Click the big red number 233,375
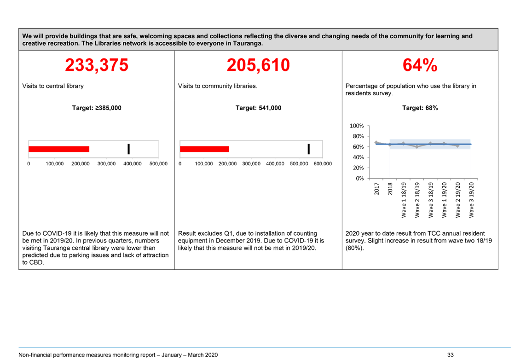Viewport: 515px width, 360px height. (97, 65)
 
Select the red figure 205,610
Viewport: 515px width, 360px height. (258, 65)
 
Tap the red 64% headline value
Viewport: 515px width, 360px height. (420, 65)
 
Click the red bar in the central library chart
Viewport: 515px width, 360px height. (59, 149)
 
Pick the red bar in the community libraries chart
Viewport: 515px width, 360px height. (204, 149)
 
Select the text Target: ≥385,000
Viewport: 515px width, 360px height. (97, 108)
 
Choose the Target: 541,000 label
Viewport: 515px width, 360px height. (258, 108)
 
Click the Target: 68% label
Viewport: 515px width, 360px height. (420, 108)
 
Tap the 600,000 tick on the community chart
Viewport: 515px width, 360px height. (323, 163)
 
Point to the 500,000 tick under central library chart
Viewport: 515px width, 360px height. (158, 163)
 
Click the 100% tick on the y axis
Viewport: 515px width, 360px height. (357, 126)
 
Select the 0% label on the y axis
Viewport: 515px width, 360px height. (360, 178)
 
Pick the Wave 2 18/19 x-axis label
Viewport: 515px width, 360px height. (417, 200)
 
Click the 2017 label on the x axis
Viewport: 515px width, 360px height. (377, 189)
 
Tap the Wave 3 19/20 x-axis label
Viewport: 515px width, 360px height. (471, 200)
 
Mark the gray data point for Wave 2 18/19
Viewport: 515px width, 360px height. (417, 147)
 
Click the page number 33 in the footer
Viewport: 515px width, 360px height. (450, 355)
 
